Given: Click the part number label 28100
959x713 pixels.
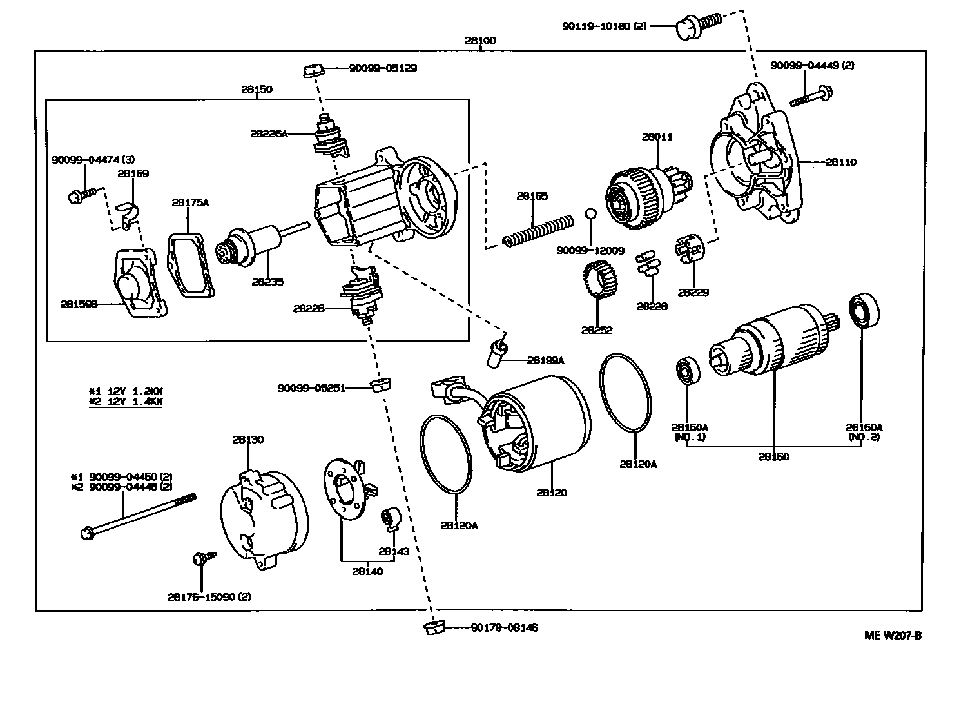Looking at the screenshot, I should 480,41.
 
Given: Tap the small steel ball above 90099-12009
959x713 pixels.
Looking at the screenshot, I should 590,214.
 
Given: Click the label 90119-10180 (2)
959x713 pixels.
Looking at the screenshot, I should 603,26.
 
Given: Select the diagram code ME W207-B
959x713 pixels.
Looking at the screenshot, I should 893,635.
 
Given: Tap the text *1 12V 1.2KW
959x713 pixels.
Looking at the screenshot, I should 126,391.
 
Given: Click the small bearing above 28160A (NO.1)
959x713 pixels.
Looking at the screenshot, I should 686,371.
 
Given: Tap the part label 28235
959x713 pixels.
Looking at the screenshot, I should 267,282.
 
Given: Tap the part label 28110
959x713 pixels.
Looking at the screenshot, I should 840,162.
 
